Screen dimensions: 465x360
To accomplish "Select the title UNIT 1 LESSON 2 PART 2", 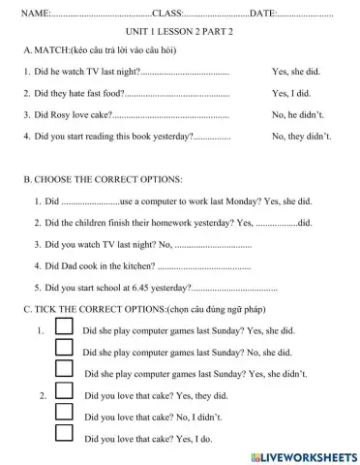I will (181, 32).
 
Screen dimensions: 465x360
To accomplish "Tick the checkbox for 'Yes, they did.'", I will (63, 392).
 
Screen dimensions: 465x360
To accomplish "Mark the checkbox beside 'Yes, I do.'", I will (63, 435).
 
